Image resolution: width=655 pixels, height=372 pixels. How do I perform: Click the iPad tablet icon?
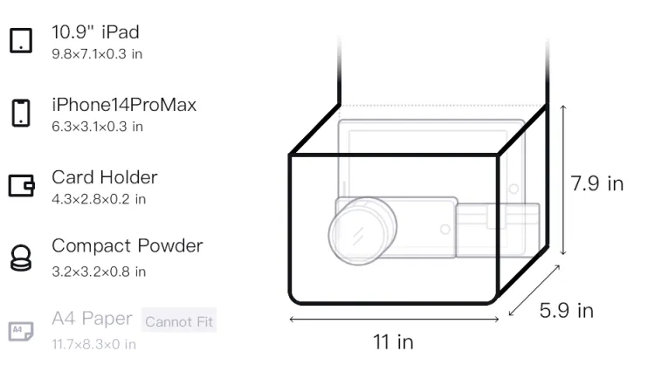point(21,40)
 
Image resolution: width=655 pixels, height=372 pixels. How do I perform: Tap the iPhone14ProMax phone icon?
point(21,113)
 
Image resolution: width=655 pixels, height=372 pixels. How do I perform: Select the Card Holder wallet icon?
point(21,185)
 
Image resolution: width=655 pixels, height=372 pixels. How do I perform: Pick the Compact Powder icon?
point(21,258)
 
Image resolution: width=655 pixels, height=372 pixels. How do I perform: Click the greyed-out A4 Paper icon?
point(21,331)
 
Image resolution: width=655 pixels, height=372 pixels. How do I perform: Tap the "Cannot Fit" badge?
point(179,320)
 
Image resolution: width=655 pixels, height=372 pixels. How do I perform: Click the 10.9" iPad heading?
point(96,32)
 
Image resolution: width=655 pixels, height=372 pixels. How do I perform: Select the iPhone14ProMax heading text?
point(124,105)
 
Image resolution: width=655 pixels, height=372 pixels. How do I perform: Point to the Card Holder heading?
point(105,177)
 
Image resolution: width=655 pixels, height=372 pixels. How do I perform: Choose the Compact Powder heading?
point(128,246)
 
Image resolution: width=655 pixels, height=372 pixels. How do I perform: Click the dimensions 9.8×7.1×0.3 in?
point(97,54)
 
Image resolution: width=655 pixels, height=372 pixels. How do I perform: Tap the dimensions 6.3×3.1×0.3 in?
point(97,127)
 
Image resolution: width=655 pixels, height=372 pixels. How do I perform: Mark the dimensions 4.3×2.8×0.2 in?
point(99,199)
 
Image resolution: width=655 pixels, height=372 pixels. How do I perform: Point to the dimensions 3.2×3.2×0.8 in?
point(99,272)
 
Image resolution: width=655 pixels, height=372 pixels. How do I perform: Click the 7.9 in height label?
point(597,183)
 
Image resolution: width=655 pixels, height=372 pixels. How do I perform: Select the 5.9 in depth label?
point(567,311)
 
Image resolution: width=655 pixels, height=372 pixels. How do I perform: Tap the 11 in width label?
point(393,342)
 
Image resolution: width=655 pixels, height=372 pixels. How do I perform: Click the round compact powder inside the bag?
point(362,231)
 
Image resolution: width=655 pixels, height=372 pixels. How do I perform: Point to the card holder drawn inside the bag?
point(497,231)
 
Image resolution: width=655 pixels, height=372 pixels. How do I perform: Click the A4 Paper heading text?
point(92,319)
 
